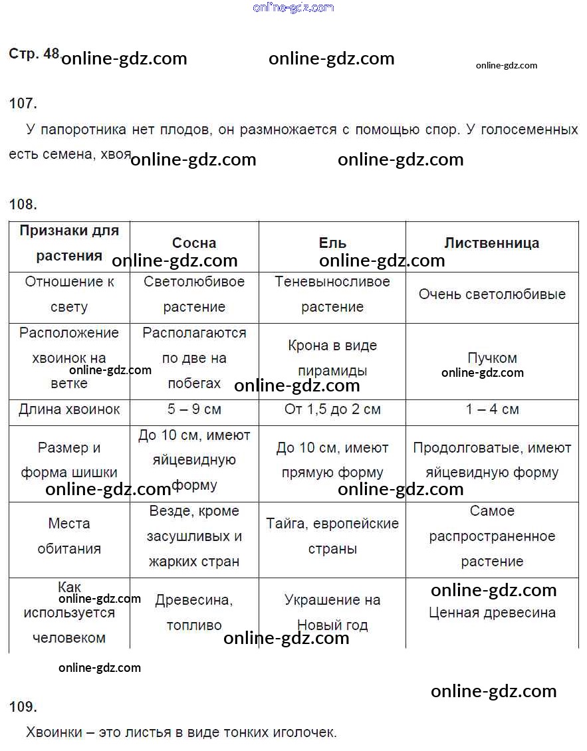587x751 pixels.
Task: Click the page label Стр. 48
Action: click(34, 54)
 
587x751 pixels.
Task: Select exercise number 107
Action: click(23, 103)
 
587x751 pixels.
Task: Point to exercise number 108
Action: click(23, 204)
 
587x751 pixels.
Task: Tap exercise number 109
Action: click(23, 706)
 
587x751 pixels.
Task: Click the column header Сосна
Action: click(194, 243)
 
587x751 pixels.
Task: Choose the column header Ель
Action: click(332, 243)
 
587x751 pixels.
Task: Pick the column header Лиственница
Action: click(492, 243)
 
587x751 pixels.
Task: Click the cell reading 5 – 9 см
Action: click(194, 409)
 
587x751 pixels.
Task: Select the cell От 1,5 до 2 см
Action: click(332, 409)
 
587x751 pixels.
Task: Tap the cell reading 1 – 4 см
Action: click(492, 409)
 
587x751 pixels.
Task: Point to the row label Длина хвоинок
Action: click(69, 409)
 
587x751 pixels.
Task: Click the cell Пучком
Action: click(492, 358)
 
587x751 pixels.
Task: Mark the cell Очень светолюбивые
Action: click(492, 294)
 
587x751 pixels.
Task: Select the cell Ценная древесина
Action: click(492, 613)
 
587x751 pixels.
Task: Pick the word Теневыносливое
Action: click(332, 282)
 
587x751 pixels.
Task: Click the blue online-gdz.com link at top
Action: click(293, 8)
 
